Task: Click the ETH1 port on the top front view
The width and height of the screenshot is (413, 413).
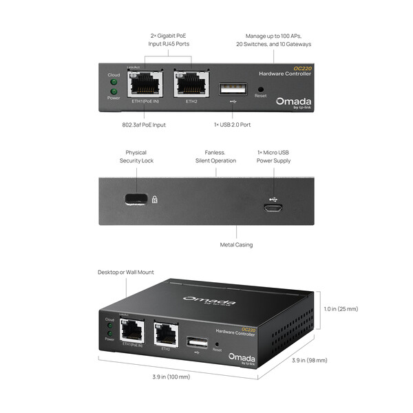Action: (145, 85)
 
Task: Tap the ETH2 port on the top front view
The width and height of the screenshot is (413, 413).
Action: (191, 85)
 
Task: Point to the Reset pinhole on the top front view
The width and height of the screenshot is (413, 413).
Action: (260, 89)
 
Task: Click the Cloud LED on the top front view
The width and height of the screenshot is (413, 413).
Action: (114, 82)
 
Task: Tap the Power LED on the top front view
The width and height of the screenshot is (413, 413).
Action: (114, 91)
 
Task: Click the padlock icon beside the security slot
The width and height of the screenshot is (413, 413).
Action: (154, 200)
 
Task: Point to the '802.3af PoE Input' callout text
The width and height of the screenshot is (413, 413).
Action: (144, 125)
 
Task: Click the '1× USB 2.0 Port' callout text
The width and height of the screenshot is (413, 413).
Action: (233, 125)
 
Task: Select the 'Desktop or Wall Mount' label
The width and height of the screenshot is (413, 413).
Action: (126, 273)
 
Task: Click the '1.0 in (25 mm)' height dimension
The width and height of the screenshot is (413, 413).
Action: (341, 309)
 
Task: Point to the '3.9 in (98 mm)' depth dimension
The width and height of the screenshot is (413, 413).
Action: (310, 360)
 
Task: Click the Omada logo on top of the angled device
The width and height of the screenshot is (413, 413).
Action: (209, 301)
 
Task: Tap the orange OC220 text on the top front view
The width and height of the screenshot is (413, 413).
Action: (303, 67)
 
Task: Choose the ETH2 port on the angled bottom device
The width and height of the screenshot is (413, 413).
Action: (165, 334)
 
